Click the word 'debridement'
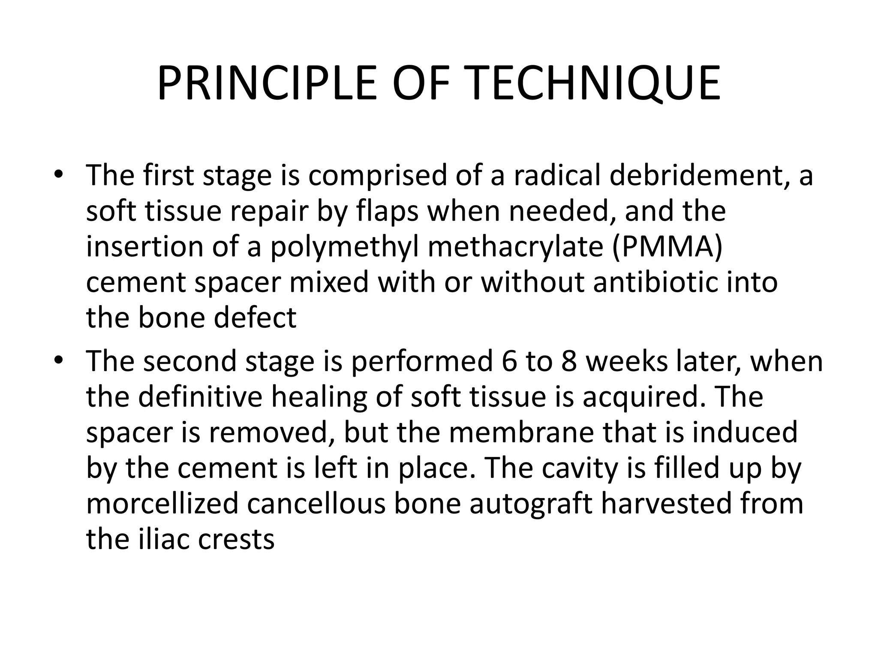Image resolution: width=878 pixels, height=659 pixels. pyautogui.click(x=699, y=176)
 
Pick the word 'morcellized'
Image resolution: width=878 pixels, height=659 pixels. pyautogui.click(x=162, y=504)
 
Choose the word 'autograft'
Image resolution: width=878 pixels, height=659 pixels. pyautogui.click(x=531, y=505)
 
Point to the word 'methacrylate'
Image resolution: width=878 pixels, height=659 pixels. pyautogui.click(x=516, y=248)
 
